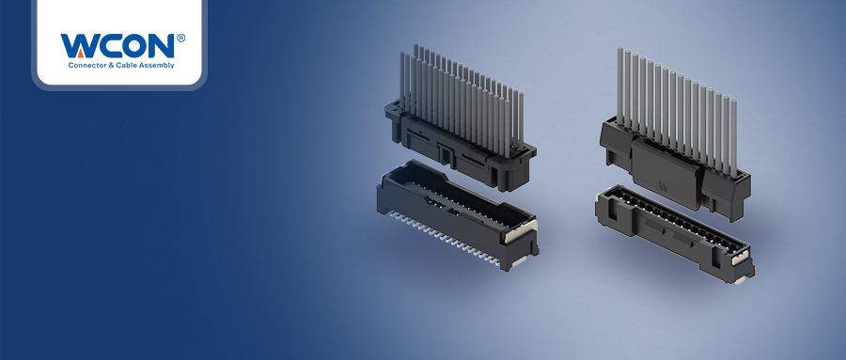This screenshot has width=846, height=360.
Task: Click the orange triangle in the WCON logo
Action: click(x=80, y=53)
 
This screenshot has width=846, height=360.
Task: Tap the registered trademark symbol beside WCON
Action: click(x=180, y=38)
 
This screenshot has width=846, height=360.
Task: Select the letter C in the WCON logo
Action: click(x=102, y=46)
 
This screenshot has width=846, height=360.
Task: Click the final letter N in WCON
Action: click(x=158, y=46)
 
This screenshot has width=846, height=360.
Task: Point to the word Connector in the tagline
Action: click(x=85, y=65)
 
